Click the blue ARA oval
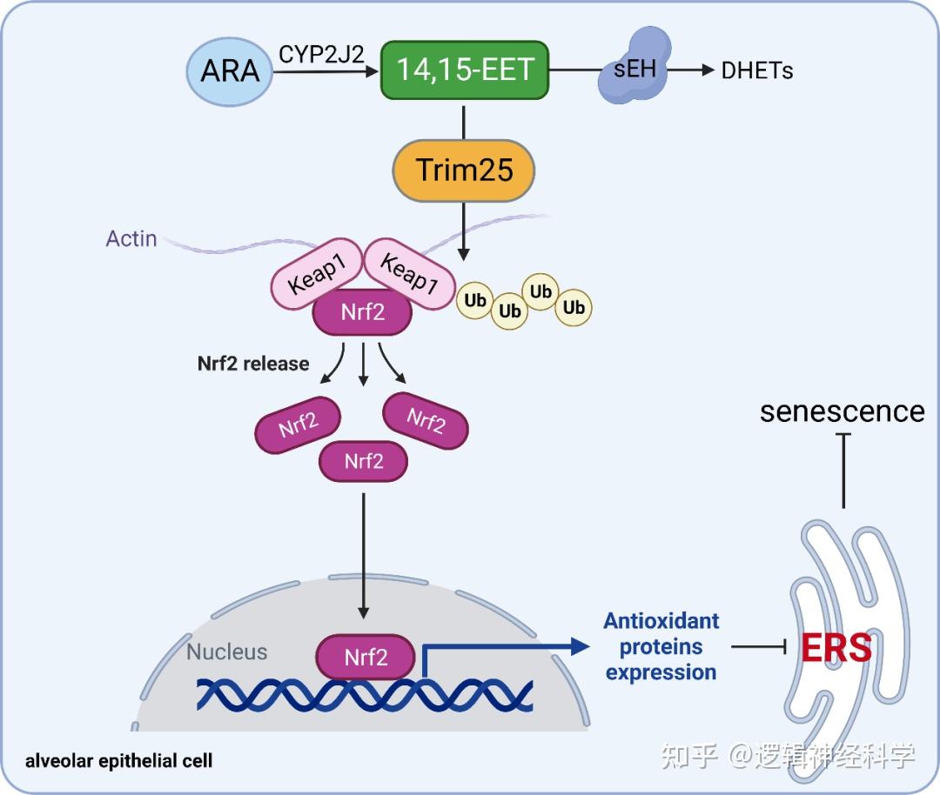pyautogui.click(x=230, y=70)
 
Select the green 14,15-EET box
pyautogui.click(x=465, y=69)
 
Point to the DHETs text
pyautogui.click(x=757, y=71)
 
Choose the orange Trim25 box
pyautogui.click(x=464, y=169)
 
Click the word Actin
pyautogui.click(x=131, y=237)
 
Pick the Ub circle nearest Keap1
pyautogui.click(x=474, y=298)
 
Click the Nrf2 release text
pyautogui.click(x=253, y=363)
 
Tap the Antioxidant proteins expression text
pyautogui.click(x=661, y=646)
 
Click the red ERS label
pyautogui.click(x=836, y=647)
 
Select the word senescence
pyautogui.click(x=842, y=411)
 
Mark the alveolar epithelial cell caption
pyautogui.click(x=119, y=760)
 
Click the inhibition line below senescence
pyautogui.click(x=843, y=470)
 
